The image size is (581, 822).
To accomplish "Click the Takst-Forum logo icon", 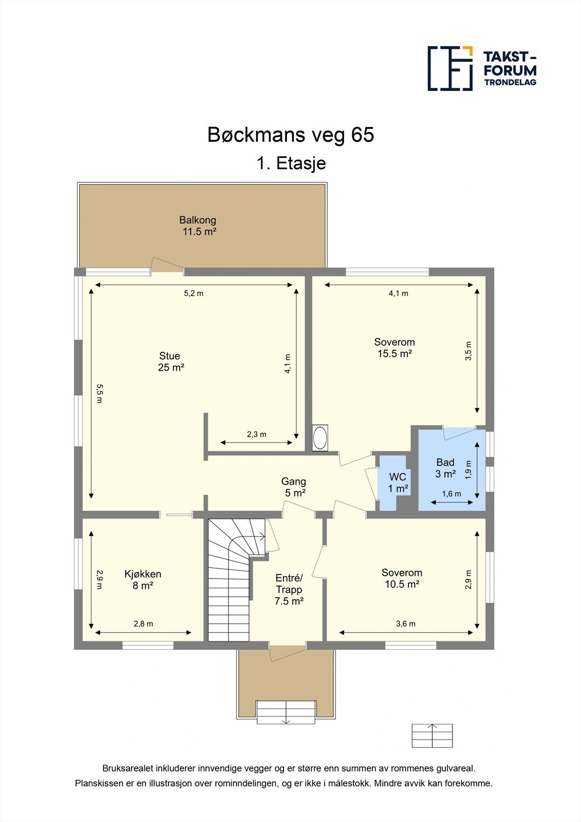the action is [450, 68].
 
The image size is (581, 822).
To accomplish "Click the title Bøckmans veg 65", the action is [291, 135].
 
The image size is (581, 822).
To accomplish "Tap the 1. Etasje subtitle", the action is [291, 163].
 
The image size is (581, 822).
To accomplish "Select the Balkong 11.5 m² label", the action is [198, 226].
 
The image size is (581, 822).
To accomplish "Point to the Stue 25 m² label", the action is [171, 362].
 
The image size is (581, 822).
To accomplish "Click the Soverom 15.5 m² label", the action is [395, 347].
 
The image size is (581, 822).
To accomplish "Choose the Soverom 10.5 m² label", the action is [402, 578].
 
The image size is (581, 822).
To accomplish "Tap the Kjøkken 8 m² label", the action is [143, 580].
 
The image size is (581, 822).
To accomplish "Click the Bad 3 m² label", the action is [445, 468].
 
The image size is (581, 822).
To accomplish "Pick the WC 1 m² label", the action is [398, 482].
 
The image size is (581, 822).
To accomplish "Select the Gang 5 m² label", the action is [294, 487].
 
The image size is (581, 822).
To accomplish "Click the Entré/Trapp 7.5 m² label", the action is [289, 589].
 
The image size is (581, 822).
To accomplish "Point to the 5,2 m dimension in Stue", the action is [194, 293].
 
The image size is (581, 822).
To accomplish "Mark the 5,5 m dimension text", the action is [100, 394].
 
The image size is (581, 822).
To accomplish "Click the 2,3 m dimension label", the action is [256, 434].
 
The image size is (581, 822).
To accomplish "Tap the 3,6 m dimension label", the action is [405, 624].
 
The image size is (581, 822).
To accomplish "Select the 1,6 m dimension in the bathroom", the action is [452, 494].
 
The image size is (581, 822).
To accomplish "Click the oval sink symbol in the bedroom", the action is [320, 438].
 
